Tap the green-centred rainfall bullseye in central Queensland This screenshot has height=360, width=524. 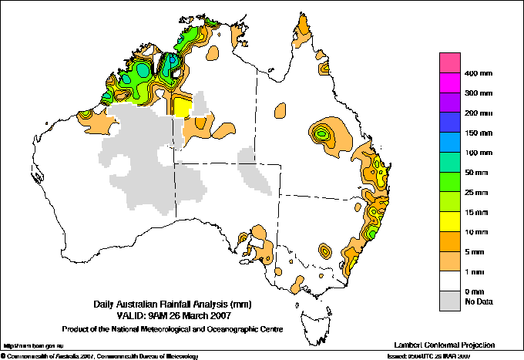[322, 133]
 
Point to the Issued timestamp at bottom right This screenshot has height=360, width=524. [453, 356]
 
